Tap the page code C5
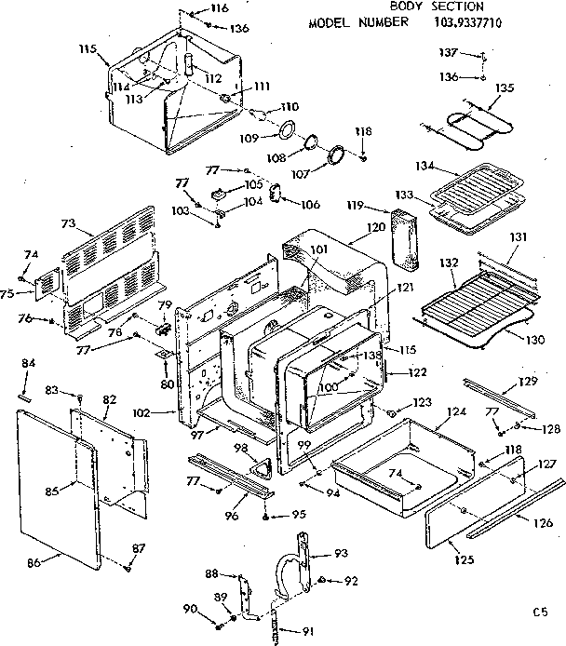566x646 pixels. [x=539, y=612]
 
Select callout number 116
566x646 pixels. [x=219, y=8]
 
